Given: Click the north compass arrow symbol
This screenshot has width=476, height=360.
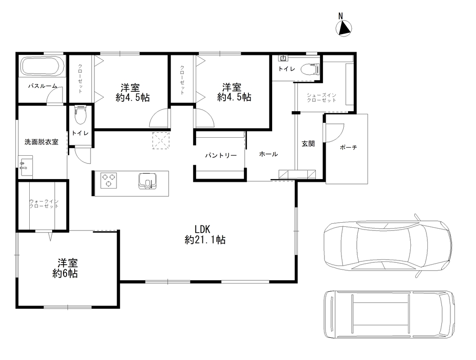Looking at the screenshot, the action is pyautogui.click(x=344, y=29).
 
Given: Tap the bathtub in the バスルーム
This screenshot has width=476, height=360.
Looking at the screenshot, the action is pyautogui.click(x=42, y=67).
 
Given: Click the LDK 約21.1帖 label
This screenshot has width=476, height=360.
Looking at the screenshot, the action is pyautogui.click(x=205, y=234).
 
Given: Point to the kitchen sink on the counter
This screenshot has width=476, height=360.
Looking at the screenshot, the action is pyautogui.click(x=148, y=181).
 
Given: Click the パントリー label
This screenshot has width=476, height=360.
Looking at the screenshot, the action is pyautogui.click(x=221, y=156).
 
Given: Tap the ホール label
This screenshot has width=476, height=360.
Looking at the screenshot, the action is pyautogui.click(x=268, y=154).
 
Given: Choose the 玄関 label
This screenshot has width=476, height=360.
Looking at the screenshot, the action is pyautogui.click(x=308, y=144).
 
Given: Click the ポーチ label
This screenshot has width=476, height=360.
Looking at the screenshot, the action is pyautogui.click(x=348, y=148).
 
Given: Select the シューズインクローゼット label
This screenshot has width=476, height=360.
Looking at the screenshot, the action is pyautogui.click(x=322, y=98).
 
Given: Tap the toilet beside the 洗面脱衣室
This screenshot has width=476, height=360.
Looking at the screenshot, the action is pyautogui.click(x=80, y=115).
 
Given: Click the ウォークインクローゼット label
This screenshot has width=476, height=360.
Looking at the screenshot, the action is pyautogui.click(x=44, y=204).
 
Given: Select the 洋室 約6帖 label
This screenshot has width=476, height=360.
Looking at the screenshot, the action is pyautogui.click(x=65, y=268).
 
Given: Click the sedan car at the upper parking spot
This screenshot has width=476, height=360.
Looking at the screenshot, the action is pyautogui.click(x=388, y=245).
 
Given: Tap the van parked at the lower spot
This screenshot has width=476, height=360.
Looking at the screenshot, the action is pyautogui.click(x=390, y=314).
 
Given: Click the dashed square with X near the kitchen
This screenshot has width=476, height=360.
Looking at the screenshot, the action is pyautogui.click(x=161, y=141).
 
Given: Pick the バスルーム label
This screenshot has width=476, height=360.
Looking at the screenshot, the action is pyautogui.click(x=42, y=86).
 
